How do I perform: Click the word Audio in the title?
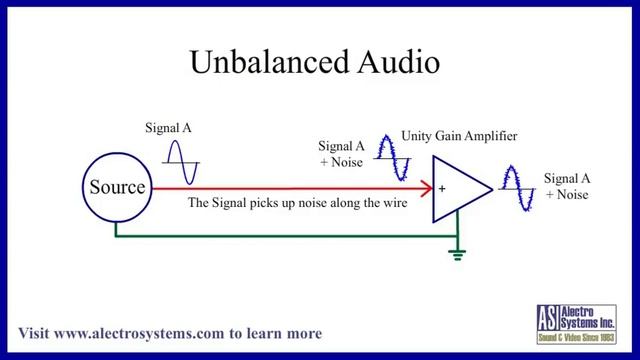[393, 62]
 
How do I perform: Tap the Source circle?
[118, 188]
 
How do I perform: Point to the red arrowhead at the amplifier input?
[426, 188]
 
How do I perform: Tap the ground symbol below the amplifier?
[457, 254]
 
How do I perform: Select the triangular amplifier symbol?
[458, 188]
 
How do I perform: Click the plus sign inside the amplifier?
[441, 188]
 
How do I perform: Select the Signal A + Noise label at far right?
[566, 186]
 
